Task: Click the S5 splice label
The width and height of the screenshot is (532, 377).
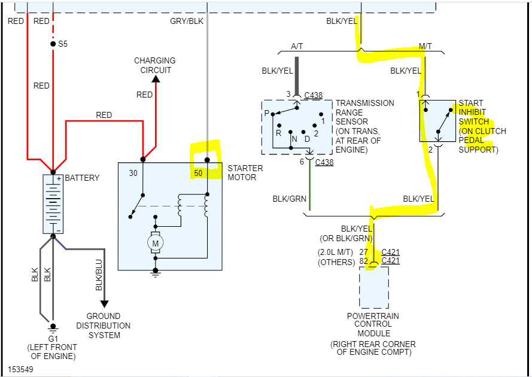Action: (x=63, y=44)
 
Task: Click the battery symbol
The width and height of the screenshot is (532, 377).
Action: (x=53, y=204)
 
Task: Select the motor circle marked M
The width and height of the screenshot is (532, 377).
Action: (x=156, y=243)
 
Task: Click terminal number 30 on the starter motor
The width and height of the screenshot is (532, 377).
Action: (x=133, y=173)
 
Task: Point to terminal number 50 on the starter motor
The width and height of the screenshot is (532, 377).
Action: (x=199, y=173)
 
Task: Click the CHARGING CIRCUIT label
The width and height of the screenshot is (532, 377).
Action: (x=155, y=65)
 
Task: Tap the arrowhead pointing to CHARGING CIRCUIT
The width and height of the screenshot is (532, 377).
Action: (x=156, y=78)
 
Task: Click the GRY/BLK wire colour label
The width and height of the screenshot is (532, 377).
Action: (x=187, y=21)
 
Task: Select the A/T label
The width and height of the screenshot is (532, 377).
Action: (x=297, y=46)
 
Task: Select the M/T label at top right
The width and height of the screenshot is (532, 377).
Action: (x=425, y=46)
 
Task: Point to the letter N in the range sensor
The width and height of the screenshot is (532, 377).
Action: (x=293, y=139)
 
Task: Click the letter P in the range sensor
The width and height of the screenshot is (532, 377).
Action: (x=266, y=113)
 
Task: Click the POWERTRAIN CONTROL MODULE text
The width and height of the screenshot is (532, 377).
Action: (x=374, y=324)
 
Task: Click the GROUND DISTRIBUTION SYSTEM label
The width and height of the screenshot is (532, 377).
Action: (x=108, y=326)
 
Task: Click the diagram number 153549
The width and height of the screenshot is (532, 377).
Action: (x=21, y=369)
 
